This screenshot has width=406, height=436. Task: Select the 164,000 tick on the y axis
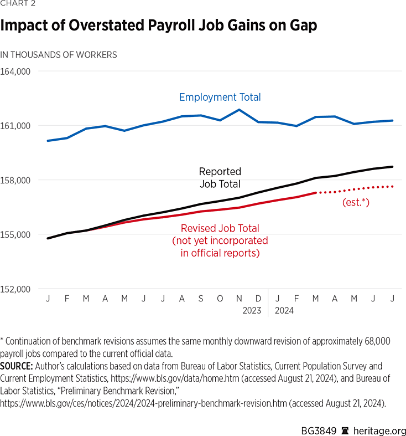(x=15, y=71)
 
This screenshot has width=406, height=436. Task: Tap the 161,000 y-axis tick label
(x=15, y=126)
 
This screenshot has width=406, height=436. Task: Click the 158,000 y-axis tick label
(x=15, y=180)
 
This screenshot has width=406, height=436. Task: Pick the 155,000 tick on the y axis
(x=15, y=234)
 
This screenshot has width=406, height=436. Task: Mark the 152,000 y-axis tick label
(x=15, y=289)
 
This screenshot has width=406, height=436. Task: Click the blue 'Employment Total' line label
(x=220, y=98)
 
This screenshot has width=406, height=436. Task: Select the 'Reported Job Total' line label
(x=220, y=178)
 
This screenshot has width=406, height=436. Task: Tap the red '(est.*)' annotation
(x=356, y=203)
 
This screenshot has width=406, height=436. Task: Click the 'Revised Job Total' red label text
(x=220, y=228)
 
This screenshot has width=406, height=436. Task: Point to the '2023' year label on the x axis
(x=252, y=311)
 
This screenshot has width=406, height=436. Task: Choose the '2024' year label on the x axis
(x=284, y=311)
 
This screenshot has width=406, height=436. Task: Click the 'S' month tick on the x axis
(x=201, y=299)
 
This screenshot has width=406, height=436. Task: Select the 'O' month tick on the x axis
(x=220, y=299)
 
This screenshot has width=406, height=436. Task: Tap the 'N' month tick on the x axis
(x=239, y=299)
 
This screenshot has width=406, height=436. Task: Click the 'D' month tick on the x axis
(x=258, y=299)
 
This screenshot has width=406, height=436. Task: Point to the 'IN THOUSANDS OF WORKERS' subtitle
(x=59, y=55)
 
